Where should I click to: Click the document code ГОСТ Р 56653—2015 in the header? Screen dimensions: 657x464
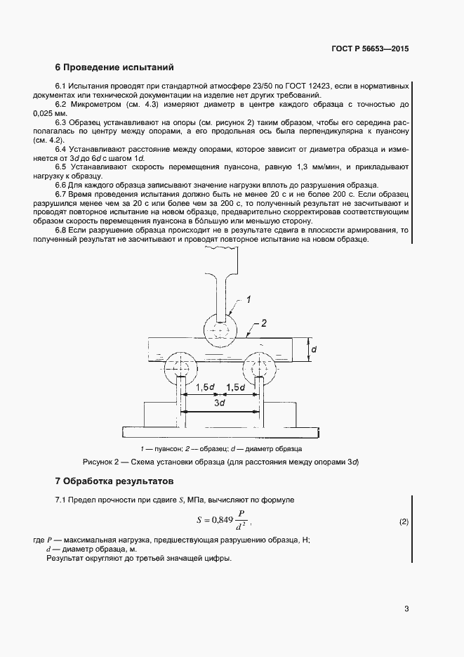369,49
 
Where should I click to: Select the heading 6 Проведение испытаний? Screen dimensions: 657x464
114,68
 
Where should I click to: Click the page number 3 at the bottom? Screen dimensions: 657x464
406,609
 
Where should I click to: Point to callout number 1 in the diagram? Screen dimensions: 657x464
248,300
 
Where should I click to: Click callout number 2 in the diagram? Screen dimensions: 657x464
264,324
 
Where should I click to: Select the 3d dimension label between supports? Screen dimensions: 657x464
219,403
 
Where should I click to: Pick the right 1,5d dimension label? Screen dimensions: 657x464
236,387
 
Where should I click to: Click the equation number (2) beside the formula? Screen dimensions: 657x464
404,521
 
